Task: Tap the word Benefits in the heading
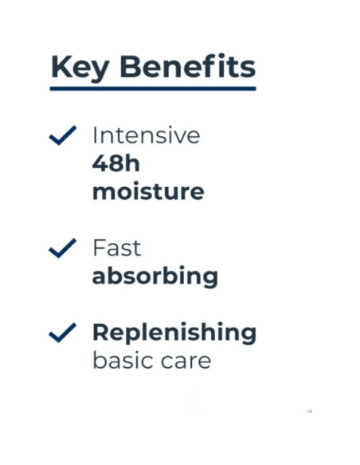187,66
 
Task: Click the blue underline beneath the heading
153,88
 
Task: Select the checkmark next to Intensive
63,135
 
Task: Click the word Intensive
147,135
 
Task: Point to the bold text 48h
116,164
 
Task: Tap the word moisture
148,191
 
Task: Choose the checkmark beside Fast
63,248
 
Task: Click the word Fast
117,248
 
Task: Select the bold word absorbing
155,276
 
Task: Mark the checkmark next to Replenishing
63,333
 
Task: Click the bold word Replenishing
174,333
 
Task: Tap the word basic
123,360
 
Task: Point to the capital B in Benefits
131,67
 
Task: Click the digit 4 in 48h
100,164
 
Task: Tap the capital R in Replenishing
102,332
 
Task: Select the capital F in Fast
100,248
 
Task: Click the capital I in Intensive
95,135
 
